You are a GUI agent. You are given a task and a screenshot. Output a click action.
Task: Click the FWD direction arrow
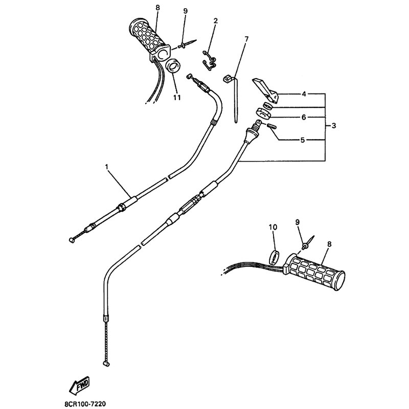(79, 385)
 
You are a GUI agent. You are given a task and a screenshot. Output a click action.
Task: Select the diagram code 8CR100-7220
(85, 404)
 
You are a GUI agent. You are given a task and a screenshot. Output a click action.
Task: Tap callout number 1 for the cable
(106, 167)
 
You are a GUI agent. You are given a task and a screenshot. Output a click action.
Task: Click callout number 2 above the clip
(215, 21)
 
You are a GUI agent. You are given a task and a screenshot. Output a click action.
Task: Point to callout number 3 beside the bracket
(334, 126)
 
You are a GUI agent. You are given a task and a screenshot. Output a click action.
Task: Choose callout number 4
(304, 94)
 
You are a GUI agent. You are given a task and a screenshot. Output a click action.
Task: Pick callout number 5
(303, 140)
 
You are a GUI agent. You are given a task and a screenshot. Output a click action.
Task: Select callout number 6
(304, 118)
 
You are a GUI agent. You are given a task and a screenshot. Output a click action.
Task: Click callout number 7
(246, 39)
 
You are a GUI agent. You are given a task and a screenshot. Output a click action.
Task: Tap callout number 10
(273, 227)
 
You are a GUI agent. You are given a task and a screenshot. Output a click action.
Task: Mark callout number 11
(177, 98)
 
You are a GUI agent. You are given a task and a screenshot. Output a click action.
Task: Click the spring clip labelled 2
(209, 61)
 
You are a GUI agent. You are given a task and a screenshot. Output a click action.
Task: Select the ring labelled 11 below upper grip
(172, 66)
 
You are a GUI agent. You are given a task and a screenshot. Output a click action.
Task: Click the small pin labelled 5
(272, 126)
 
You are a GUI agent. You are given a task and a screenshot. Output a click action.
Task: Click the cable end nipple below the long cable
(106, 363)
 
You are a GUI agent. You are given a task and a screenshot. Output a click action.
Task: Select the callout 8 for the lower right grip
(329, 244)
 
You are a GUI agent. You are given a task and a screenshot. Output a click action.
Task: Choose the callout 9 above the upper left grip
(185, 11)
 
